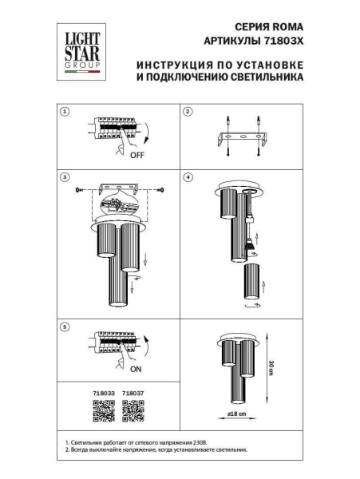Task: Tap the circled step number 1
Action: [66, 112]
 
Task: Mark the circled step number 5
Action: [66, 326]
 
